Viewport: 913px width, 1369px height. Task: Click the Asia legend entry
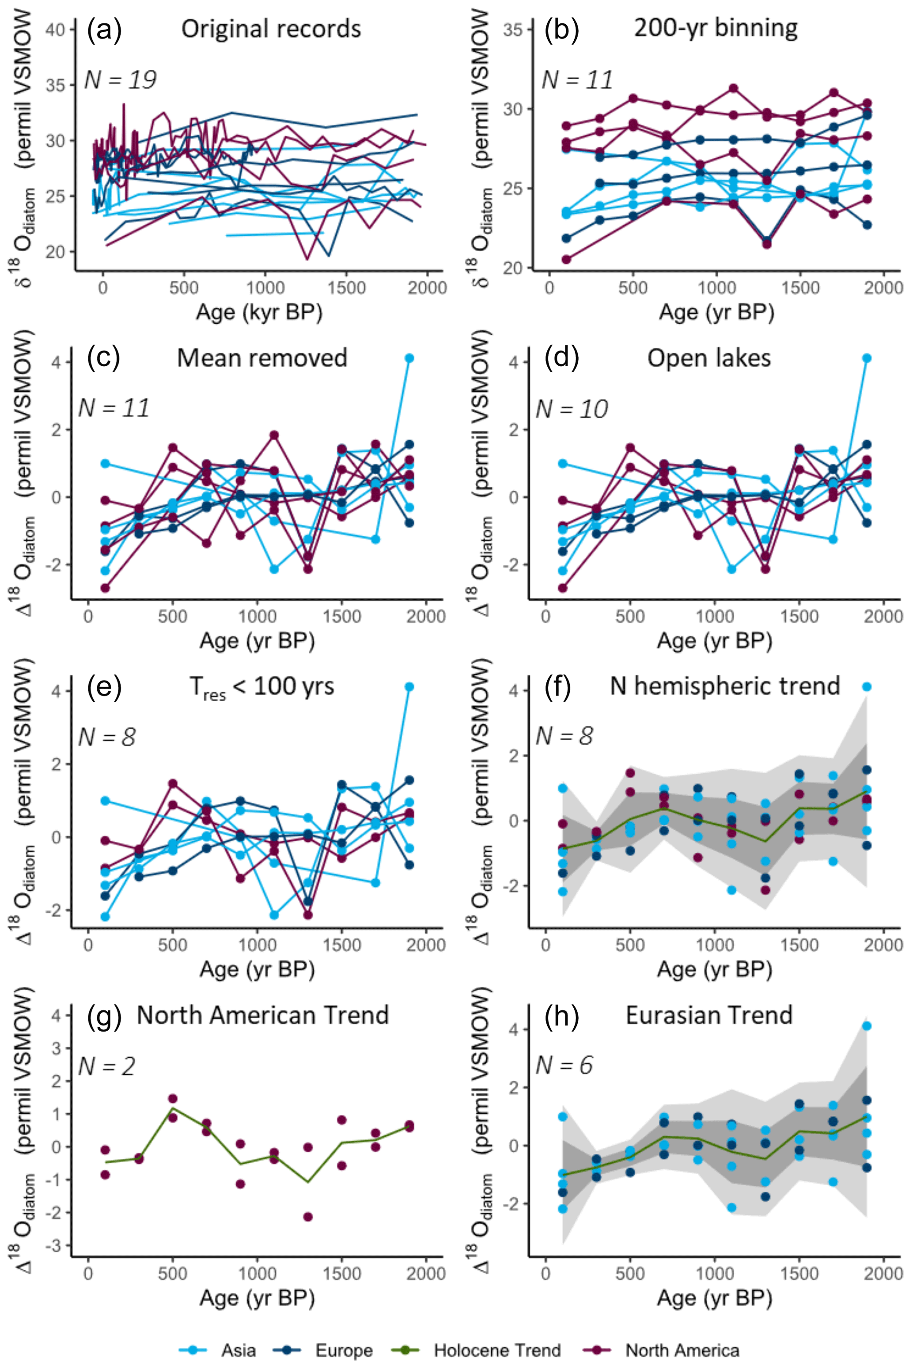click(238, 1350)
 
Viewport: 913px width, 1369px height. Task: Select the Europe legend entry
click(344, 1350)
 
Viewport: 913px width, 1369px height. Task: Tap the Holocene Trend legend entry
click(496, 1350)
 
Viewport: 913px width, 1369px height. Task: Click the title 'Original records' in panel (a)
click(271, 29)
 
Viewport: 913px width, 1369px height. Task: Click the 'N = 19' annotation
click(121, 80)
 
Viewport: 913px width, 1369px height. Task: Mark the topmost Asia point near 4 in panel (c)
click(409, 358)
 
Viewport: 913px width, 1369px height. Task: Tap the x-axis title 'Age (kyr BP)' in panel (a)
click(259, 313)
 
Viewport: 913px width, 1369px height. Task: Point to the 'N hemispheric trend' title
click(725, 686)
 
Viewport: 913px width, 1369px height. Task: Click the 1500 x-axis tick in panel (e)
click(342, 945)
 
